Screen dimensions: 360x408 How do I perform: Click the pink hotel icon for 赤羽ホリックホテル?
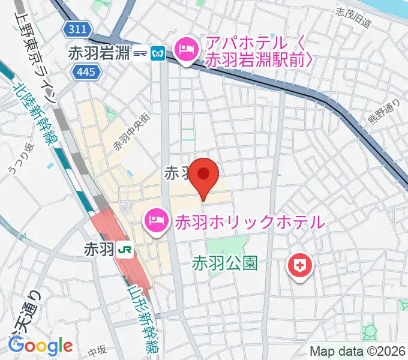tap(156, 221)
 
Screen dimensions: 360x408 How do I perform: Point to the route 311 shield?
tap(79, 28)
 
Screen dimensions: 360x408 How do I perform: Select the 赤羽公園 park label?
tap(225, 263)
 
